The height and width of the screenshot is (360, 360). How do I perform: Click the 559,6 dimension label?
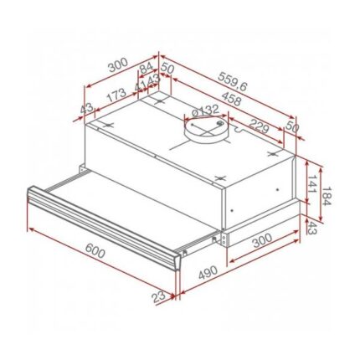click(x=233, y=81)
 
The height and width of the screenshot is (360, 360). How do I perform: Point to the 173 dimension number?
click(x=116, y=95)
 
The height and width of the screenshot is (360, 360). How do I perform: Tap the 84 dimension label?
click(x=147, y=69)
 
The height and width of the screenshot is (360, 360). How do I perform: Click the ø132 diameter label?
click(x=206, y=111)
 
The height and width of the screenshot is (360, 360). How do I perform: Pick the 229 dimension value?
click(x=259, y=126)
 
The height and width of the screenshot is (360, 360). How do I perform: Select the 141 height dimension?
click(x=311, y=184)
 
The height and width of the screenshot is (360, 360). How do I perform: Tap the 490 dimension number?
click(x=208, y=272)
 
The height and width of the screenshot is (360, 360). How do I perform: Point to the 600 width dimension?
click(x=95, y=250)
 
